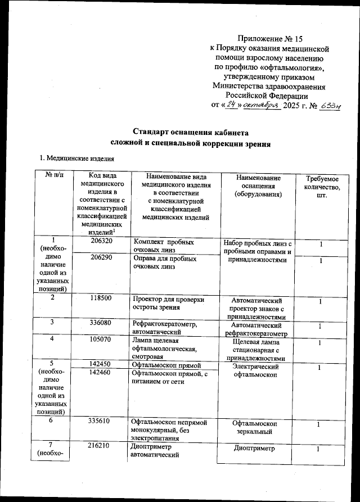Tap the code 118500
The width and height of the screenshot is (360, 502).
tap(101, 298)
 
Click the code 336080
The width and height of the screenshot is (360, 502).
tap(101, 323)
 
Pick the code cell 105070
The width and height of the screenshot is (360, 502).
tap(101, 340)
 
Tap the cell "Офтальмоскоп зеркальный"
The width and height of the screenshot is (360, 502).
tap(256, 427)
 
